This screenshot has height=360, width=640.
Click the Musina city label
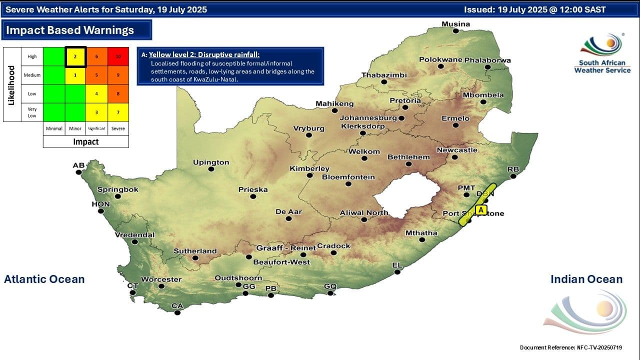point(455,24)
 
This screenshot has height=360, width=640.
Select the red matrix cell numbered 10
point(118,56)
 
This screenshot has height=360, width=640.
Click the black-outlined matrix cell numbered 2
point(75,56)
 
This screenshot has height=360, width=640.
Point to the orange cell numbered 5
point(96,75)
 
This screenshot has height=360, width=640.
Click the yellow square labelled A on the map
point(481,210)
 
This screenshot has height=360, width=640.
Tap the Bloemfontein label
point(348,177)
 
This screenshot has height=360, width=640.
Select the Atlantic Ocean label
point(44,279)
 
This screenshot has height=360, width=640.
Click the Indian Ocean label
point(586,279)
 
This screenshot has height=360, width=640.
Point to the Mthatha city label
point(421,232)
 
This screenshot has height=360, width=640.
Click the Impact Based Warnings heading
point(70,30)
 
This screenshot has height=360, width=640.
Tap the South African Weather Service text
point(602,66)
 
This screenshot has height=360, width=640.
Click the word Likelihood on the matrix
point(11,84)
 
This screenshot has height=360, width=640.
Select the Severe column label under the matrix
point(118,128)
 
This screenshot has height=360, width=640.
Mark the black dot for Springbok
point(118,196)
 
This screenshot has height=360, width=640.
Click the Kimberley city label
point(309,168)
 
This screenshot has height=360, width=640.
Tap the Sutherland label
point(195,251)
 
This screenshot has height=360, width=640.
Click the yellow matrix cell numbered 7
point(118,112)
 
